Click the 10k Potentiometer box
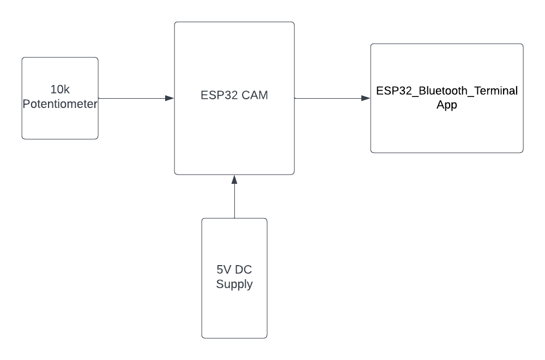pos(60,123)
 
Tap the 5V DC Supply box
pos(234,311)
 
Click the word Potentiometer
pos(60,104)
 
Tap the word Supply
pos(234,284)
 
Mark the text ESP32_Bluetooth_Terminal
pos(447,91)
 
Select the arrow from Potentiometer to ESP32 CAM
pos(134,98)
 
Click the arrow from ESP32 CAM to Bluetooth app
pos(330,98)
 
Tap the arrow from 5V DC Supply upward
pos(234,199)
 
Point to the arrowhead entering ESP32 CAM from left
pos(169,98)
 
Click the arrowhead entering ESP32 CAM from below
pos(234,179)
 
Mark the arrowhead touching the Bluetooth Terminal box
pos(366,98)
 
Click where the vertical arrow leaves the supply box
pos(234,218)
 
